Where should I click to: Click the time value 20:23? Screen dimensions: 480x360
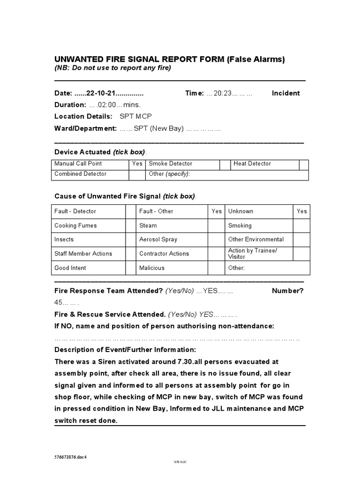223,93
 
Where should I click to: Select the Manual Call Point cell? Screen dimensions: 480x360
78,164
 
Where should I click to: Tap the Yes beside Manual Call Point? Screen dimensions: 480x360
136,164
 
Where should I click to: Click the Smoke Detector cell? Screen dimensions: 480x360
171,164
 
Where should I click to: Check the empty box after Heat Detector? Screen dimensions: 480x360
304,164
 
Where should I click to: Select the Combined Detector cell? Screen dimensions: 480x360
81,174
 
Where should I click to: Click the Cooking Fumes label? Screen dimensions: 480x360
75,225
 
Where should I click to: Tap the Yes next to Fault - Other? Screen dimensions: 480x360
216,211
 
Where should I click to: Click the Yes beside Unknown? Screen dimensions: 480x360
301,211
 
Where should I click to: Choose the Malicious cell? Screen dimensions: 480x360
152,268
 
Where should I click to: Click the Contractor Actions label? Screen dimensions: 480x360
164,254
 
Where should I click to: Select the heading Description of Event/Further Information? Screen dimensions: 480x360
125,350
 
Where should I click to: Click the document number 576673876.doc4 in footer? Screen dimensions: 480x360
71,457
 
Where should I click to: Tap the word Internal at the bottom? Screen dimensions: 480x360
180,462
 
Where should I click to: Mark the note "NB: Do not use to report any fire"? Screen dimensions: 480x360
113,68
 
